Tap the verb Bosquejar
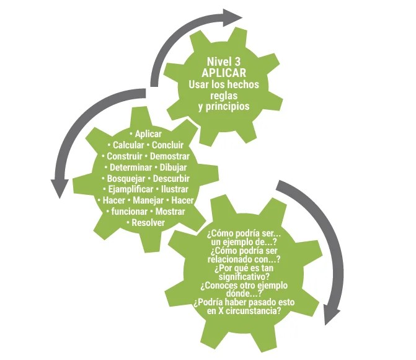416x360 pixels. (x=126, y=179)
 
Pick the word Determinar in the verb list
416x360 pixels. (x=130, y=168)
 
